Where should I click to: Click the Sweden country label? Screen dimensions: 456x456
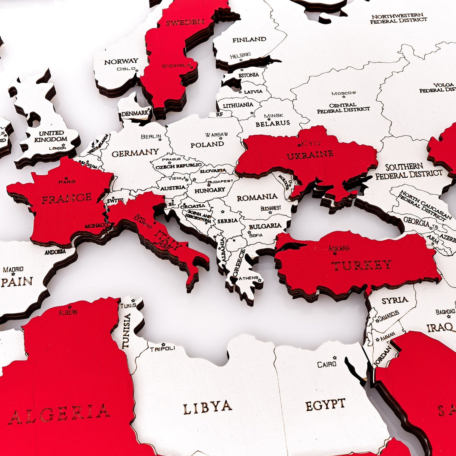(x=185, y=22)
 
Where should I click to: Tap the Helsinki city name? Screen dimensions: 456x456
(x=240, y=55)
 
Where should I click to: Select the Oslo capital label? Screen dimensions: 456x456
(x=126, y=68)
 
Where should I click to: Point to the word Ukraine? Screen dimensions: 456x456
(x=310, y=155)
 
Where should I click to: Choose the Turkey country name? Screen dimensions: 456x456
(x=361, y=265)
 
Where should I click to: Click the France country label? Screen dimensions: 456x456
(x=66, y=198)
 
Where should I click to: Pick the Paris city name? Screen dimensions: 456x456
(x=67, y=182)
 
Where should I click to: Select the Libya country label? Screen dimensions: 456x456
(x=207, y=407)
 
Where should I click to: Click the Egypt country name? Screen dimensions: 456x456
(x=325, y=404)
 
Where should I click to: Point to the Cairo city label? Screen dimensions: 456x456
(x=327, y=364)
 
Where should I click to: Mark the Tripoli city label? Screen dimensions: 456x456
(x=162, y=348)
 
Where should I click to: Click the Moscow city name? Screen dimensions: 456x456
(x=343, y=93)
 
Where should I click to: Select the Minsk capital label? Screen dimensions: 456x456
(x=274, y=116)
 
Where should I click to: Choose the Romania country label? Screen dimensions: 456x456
(x=257, y=197)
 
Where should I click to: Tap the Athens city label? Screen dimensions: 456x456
(x=248, y=278)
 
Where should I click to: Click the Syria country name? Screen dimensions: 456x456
(x=395, y=301)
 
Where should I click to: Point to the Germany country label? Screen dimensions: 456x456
(x=135, y=152)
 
